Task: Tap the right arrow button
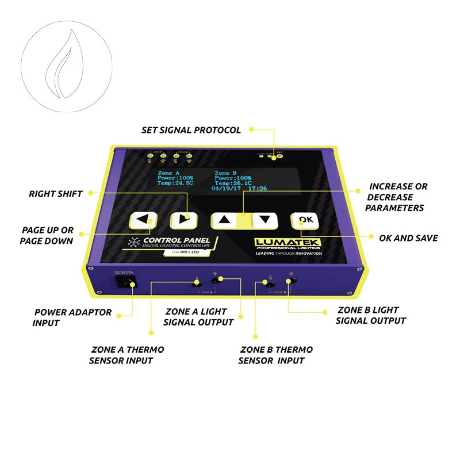pyautogui.click(x=183, y=219)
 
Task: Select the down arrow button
pyautogui.click(x=264, y=218)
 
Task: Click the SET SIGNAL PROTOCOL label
pyautogui.click(x=191, y=130)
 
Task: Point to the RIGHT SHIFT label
pyautogui.click(x=56, y=194)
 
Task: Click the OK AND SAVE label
pyautogui.click(x=408, y=237)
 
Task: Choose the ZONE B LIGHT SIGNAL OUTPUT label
pyautogui.click(x=371, y=316)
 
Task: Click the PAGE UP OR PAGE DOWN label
pyautogui.click(x=47, y=235)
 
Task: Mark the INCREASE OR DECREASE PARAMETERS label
pyautogui.click(x=397, y=197)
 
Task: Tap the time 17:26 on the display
pyautogui.click(x=258, y=187)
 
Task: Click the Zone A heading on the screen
pyautogui.click(x=168, y=172)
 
